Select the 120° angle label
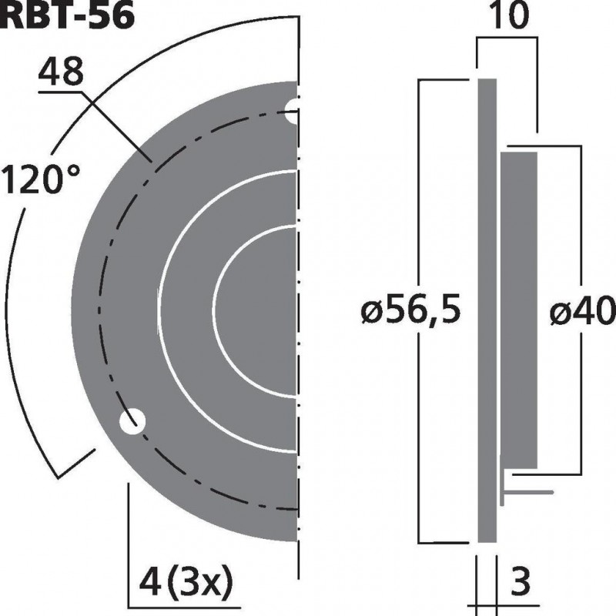pos(40,182)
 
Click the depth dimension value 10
pos(507,18)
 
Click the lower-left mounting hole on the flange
pos(132,421)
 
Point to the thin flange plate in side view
pos(487,308)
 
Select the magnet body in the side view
pos(519,308)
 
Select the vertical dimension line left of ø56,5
pos(418,192)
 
